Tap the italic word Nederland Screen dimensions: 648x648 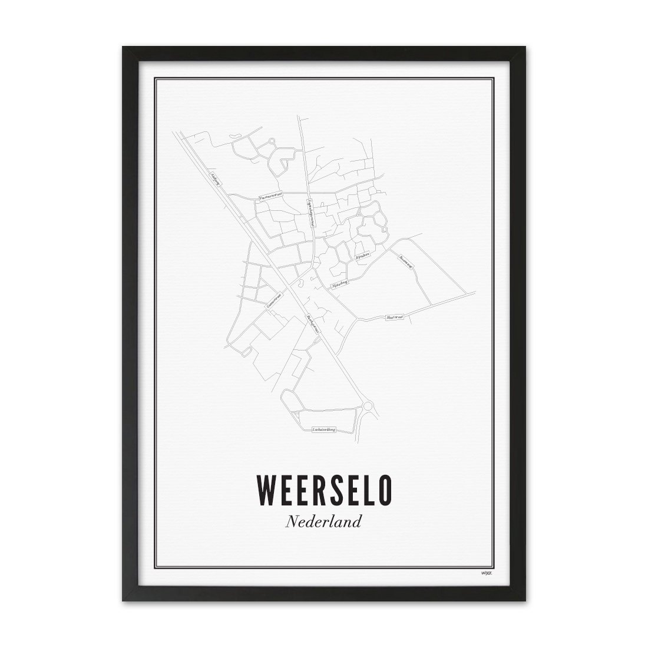pyautogui.click(x=323, y=521)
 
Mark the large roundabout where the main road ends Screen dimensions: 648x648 pyautogui.click(x=369, y=406)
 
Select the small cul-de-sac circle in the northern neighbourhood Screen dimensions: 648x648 pyautogui.click(x=272, y=141)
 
